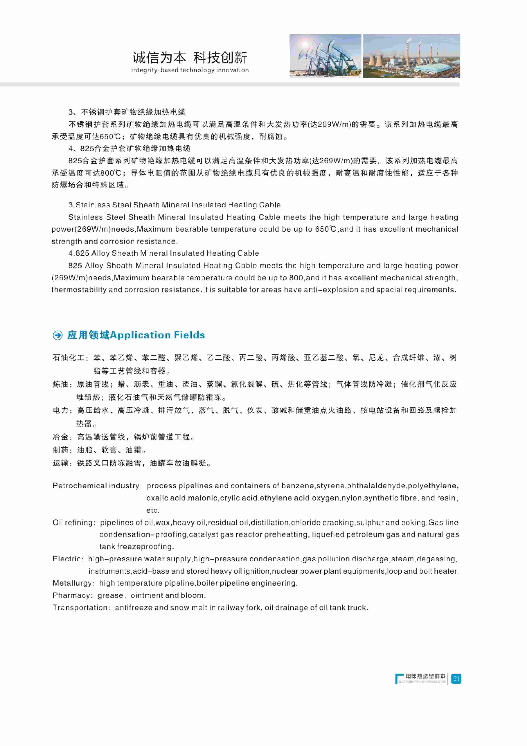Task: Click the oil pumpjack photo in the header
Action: click(x=325, y=56)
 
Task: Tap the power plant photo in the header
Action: click(x=411, y=56)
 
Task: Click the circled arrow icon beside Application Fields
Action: click(x=58, y=335)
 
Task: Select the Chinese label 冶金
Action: click(x=61, y=437)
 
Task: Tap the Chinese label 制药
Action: click(x=61, y=450)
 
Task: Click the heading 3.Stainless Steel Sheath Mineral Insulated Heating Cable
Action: click(x=174, y=205)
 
